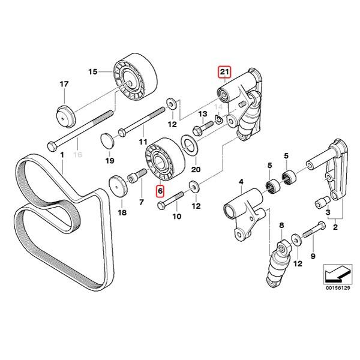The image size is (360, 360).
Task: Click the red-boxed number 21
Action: [x=224, y=73]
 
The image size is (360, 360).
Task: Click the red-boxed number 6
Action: [x=160, y=191]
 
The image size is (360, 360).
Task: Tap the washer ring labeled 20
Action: [x=188, y=145]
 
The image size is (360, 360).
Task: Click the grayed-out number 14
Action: [x=218, y=108]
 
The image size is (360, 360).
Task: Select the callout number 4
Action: [x=241, y=181]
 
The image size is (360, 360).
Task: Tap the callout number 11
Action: [x=143, y=142]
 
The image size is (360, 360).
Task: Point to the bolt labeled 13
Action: [x=201, y=127]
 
